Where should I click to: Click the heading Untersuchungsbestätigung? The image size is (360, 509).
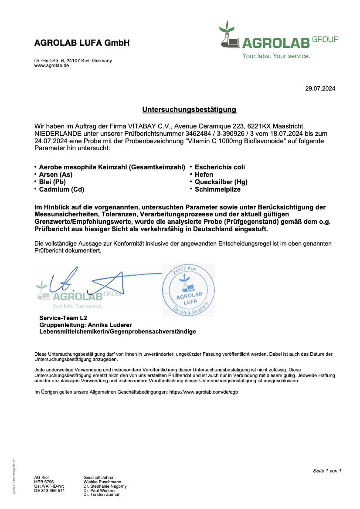(x=189, y=110)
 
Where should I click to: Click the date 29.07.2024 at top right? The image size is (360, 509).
(x=320, y=89)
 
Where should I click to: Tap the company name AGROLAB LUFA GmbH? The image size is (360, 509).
(x=82, y=43)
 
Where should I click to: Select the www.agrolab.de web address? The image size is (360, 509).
(x=51, y=65)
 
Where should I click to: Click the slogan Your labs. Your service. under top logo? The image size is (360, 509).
(x=276, y=56)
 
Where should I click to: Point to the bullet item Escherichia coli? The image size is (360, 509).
(x=220, y=167)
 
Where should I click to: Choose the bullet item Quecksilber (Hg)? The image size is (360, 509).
(x=221, y=182)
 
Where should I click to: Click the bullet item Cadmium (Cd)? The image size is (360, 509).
(x=61, y=189)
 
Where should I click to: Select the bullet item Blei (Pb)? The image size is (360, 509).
(x=52, y=182)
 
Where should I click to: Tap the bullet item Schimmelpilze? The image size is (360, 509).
(x=217, y=189)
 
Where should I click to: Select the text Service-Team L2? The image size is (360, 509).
(x=63, y=318)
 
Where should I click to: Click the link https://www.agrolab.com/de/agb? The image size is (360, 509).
(x=203, y=392)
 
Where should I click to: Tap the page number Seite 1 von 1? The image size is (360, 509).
(x=327, y=471)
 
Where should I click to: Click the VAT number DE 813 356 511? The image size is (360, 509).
(x=49, y=490)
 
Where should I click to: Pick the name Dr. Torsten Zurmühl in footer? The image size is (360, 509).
(x=102, y=495)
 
